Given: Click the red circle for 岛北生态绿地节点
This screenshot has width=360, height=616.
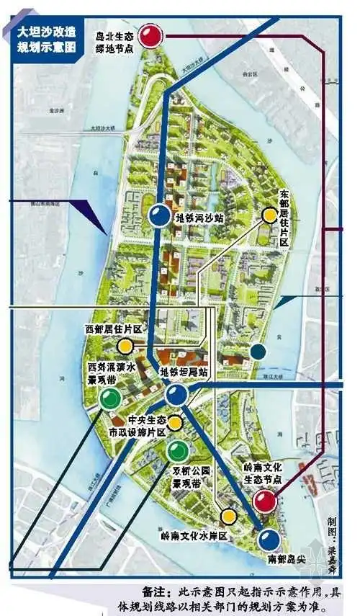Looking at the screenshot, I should coord(150,36).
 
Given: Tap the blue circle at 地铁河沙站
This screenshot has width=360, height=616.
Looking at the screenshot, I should coord(160,215).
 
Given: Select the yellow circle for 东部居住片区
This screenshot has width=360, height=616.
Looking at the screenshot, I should coord(269,214).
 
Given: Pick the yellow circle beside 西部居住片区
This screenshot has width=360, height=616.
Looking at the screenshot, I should coord(125,346).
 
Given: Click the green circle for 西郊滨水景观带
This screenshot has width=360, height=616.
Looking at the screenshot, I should coord(109,398).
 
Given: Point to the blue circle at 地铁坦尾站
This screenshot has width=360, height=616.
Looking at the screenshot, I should coord(176,393).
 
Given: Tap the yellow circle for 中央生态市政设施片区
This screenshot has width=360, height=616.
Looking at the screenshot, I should coord(175,423).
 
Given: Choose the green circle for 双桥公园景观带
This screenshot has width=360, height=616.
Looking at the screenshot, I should coord(176,452).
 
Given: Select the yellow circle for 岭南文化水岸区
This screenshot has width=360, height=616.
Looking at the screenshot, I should coord(229,516).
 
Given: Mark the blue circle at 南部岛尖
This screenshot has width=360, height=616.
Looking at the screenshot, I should coord(269,539).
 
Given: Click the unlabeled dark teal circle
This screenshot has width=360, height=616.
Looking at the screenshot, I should coord(258,352).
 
